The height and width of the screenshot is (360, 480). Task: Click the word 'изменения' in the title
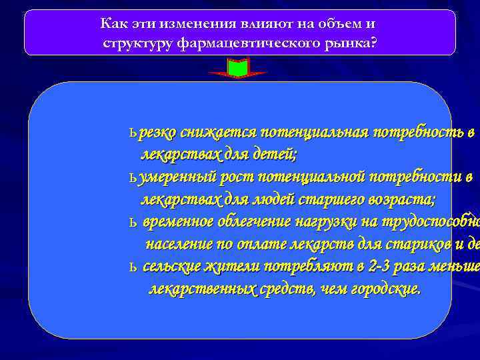pos(188,25)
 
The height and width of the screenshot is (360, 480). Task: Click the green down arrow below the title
pos(237,68)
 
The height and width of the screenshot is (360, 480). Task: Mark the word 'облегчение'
pos(255,222)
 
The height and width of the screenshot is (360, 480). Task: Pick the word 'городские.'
pos(387,289)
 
